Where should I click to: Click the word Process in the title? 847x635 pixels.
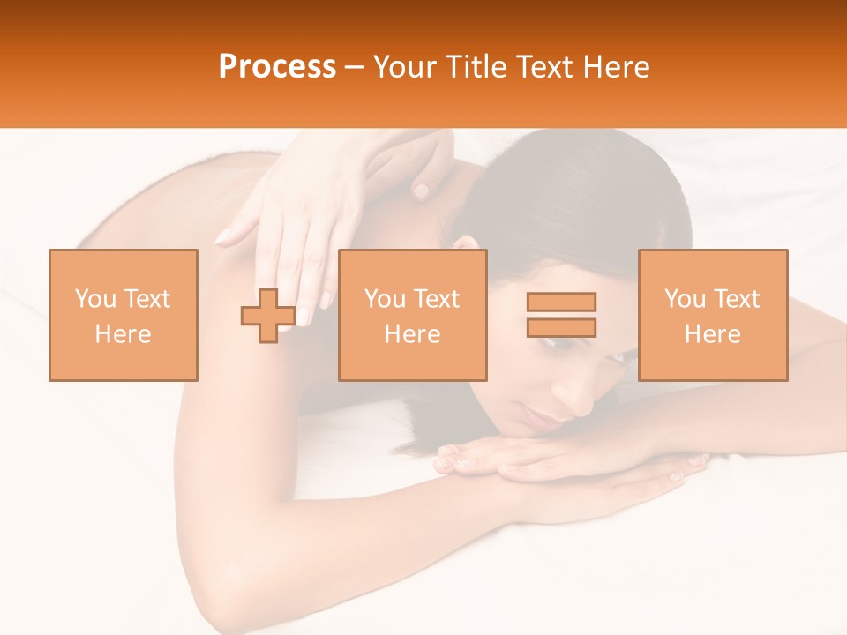[277, 67]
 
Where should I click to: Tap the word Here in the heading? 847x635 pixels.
[615, 67]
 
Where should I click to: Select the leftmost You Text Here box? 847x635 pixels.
[123, 315]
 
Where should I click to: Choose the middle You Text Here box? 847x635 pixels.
[412, 315]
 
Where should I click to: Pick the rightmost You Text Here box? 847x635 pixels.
[712, 315]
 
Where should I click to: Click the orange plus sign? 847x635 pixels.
[268, 316]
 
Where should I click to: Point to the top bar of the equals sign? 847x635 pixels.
[561, 302]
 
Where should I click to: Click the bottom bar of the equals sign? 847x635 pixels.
[561, 327]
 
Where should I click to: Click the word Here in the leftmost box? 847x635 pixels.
[123, 334]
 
